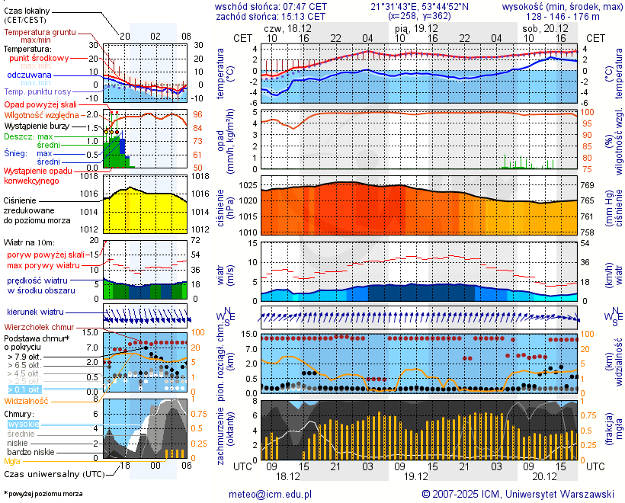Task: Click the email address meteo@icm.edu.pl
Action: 271,494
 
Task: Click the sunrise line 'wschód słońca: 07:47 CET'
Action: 271,6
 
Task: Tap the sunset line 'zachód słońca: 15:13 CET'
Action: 271,16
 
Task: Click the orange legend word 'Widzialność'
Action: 26,400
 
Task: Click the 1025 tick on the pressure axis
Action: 247,185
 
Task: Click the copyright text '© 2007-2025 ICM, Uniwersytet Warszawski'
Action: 518,494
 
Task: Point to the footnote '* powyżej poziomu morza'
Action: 43,494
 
